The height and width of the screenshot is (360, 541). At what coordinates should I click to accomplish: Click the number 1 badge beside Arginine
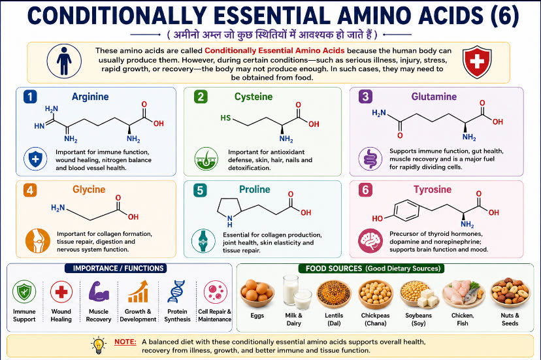pyautogui.click(x=30, y=97)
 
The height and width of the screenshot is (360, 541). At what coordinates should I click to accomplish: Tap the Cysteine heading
pyautogui.click(x=254, y=97)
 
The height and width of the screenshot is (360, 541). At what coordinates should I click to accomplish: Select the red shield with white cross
pyautogui.click(x=477, y=62)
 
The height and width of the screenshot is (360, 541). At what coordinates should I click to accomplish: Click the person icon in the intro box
pyautogui.click(x=64, y=61)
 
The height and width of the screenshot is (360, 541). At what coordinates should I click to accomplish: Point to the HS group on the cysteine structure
pyautogui.click(x=225, y=118)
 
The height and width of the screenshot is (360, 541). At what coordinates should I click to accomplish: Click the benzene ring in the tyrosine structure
pyautogui.click(x=406, y=210)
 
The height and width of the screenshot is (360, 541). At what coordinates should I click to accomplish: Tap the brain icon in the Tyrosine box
pyautogui.click(x=370, y=240)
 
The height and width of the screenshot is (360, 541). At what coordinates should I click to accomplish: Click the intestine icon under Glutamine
pyautogui.click(x=370, y=159)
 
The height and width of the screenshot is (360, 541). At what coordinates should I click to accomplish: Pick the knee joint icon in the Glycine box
pyautogui.click(x=38, y=240)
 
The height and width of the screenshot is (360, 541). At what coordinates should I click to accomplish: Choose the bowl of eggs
pyautogui.click(x=257, y=293)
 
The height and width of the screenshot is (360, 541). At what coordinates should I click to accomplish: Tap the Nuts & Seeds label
pyautogui.click(x=510, y=319)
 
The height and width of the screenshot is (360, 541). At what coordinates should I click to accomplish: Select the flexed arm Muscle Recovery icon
pyautogui.click(x=99, y=291)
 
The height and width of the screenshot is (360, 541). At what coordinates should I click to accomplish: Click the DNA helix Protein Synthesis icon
pyautogui.click(x=176, y=291)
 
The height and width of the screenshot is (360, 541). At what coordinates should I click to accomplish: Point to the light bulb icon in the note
pyautogui.click(x=98, y=345)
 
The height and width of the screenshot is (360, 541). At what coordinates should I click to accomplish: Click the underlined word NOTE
pyautogui.click(x=125, y=342)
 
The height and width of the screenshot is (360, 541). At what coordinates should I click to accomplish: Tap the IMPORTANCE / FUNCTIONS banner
pyautogui.click(x=116, y=268)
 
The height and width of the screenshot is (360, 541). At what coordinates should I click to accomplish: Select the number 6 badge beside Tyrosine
pyautogui.click(x=365, y=190)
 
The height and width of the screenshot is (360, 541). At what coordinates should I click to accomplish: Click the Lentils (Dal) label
pyautogui.click(x=334, y=319)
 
